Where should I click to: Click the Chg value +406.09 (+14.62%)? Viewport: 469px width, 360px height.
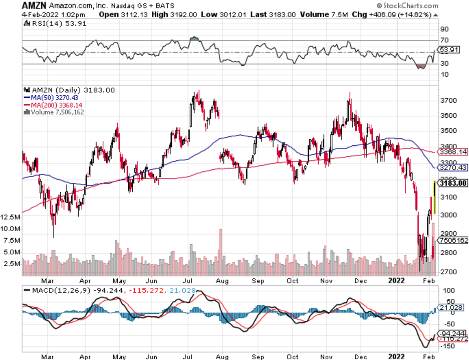click(x=409, y=14)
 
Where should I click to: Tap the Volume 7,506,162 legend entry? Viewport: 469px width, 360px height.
click(x=55, y=112)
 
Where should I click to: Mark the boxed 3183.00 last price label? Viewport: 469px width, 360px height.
click(x=453, y=184)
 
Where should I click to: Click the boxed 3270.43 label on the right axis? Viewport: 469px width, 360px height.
click(x=453, y=167)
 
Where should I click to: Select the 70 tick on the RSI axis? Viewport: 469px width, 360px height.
click(x=443, y=40)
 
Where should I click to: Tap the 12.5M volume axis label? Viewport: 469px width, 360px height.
click(x=11, y=217)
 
